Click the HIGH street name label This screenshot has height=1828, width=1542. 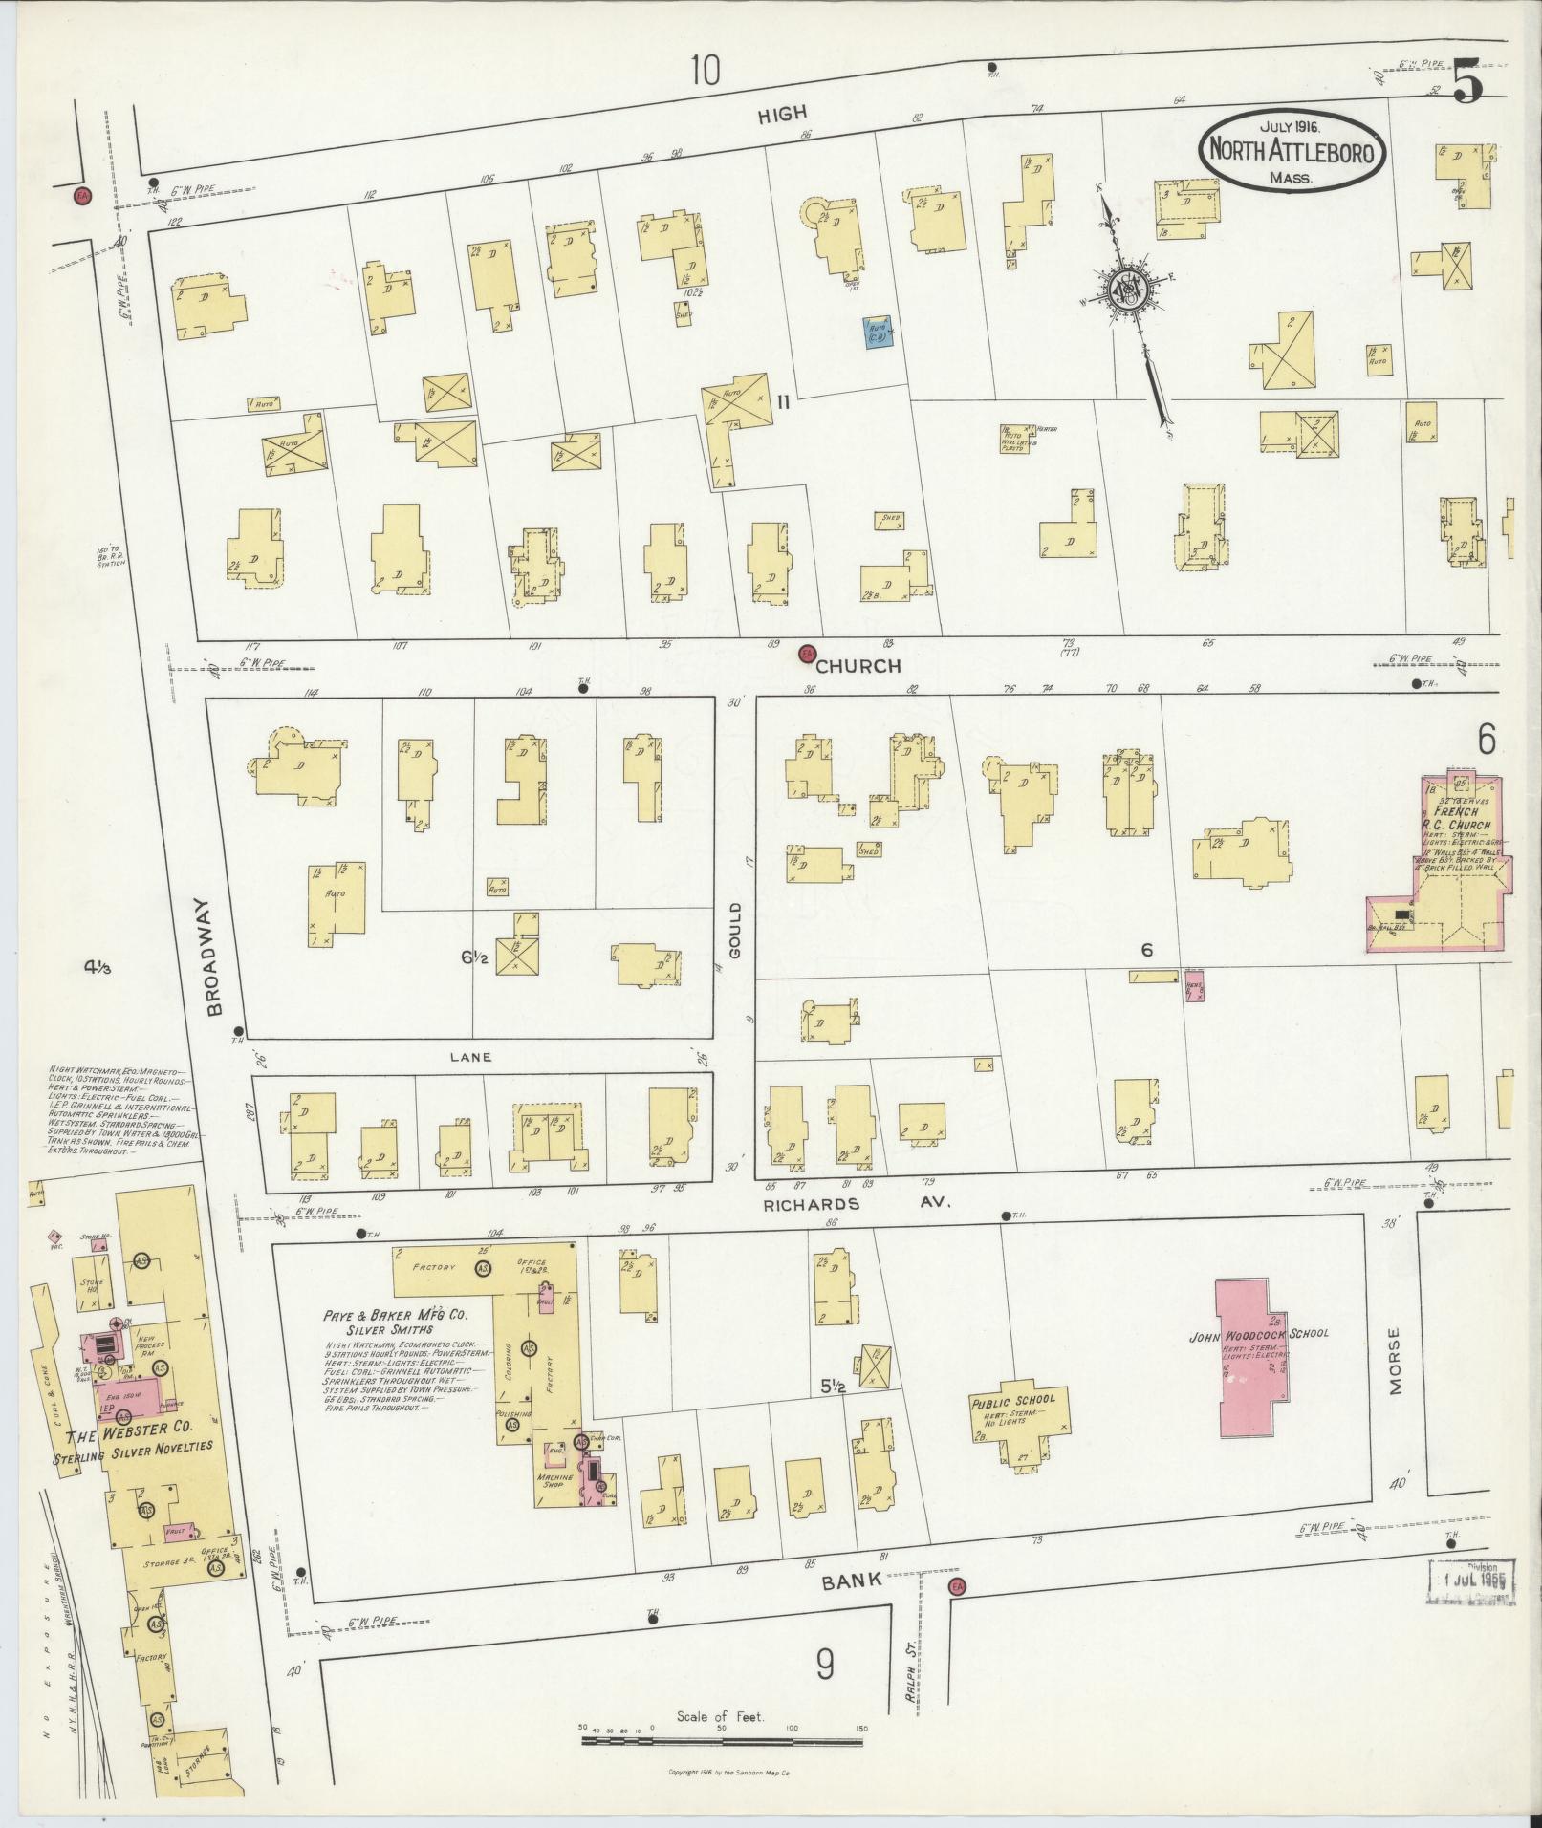pos(782,116)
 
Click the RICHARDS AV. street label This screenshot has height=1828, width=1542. pos(856,1204)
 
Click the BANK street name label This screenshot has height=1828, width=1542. pos(853,1581)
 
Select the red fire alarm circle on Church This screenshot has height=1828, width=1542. pos(807,653)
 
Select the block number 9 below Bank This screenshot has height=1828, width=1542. pos(824,1665)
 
